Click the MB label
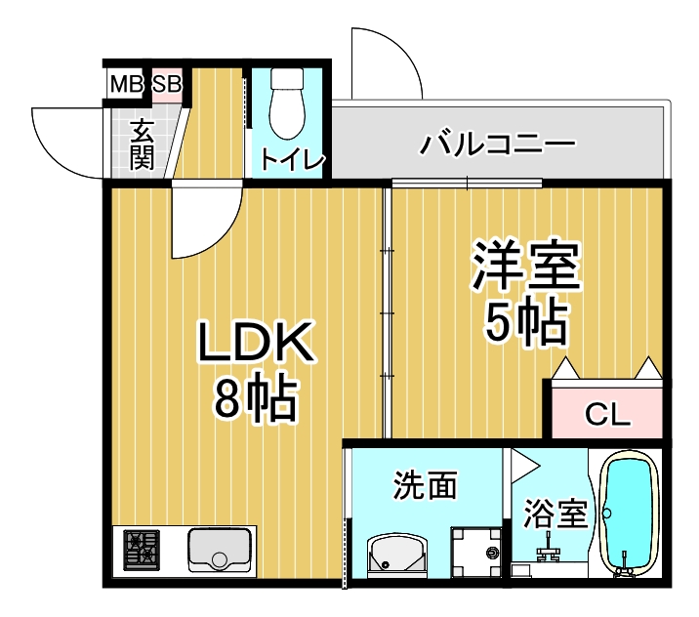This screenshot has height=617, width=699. (x=125, y=85)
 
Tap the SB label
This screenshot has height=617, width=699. (x=166, y=85)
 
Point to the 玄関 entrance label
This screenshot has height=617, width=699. (x=143, y=144)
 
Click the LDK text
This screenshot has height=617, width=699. (x=256, y=345)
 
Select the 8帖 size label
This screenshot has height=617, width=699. (x=256, y=397)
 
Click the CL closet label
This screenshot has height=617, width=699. (x=607, y=414)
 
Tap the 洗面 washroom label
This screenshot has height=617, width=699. (x=426, y=484)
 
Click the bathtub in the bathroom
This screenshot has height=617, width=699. (x=629, y=514)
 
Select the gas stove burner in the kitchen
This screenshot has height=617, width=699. (x=143, y=552)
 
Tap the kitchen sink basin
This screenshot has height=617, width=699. (x=221, y=552)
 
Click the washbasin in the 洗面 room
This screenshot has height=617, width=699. (x=395, y=556)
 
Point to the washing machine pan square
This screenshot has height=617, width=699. (x=475, y=554)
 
